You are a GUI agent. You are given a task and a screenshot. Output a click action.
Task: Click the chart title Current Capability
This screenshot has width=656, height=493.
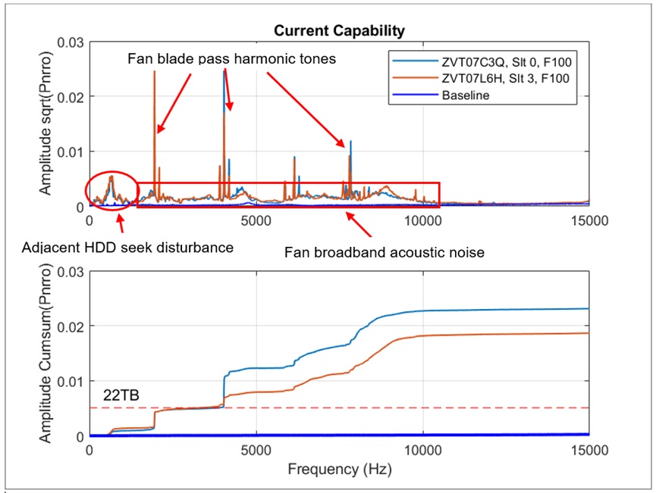[339, 31]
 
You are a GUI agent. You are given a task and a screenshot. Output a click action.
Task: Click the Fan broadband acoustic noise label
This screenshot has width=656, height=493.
[384, 251]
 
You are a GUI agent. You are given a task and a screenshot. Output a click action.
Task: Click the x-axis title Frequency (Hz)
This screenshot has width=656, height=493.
[339, 470]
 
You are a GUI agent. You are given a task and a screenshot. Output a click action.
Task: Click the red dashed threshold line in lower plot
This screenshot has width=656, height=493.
[379, 407]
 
